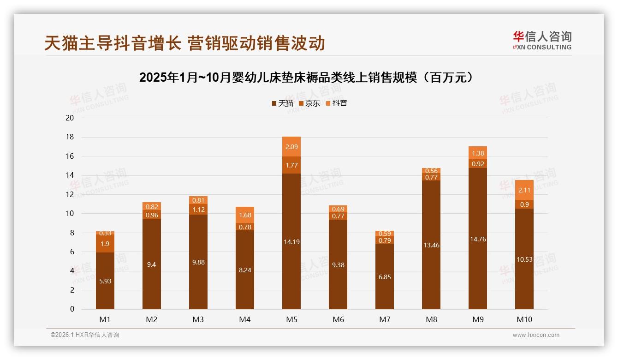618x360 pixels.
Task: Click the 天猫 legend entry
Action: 283,103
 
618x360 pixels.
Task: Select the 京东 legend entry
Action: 309,103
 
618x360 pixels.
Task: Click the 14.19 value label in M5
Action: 291,242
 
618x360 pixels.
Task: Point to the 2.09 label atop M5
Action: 291,147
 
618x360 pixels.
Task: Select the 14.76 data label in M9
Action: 477,239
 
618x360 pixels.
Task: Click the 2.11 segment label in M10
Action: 524,190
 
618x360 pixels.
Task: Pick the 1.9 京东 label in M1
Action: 105,244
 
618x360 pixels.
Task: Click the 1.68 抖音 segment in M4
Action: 245,215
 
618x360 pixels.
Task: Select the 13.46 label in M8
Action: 431,245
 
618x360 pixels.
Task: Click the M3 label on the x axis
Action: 198,319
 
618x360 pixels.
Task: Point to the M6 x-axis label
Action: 338,319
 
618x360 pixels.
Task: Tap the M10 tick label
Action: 524,319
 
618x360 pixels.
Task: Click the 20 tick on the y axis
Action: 70,118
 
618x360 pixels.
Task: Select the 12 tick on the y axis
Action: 70,194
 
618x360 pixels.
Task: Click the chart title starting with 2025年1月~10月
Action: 308,78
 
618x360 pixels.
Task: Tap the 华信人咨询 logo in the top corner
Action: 542,41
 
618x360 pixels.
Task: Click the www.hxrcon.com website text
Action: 536,335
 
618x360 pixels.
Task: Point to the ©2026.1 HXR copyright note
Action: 85,335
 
